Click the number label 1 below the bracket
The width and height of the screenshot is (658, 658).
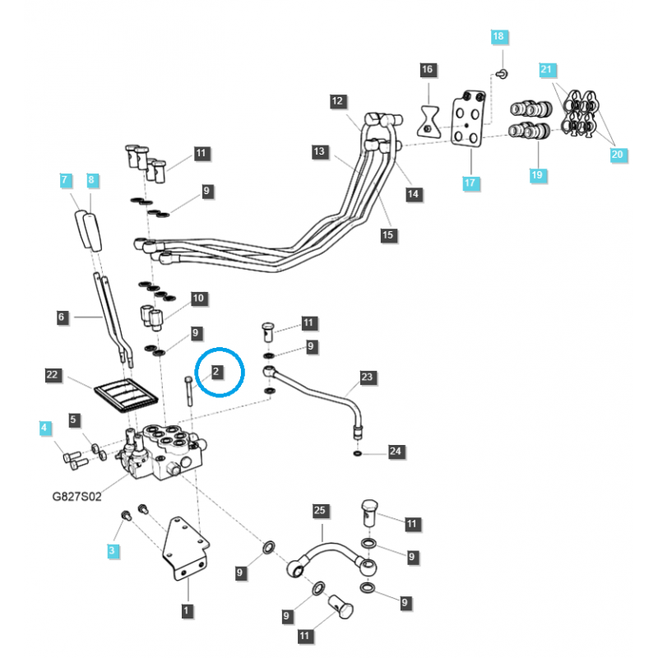pos(187,610)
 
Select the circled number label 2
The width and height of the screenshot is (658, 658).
pos(215,372)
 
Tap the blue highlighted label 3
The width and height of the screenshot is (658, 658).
pos(114,549)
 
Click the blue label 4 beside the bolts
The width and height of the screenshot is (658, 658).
pos(44,428)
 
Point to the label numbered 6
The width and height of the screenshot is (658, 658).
pos(63,316)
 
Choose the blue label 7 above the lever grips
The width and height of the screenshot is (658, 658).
pos(64,179)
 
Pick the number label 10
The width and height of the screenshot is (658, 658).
pos(197,298)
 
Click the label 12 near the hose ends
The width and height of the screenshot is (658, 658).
pos(337,101)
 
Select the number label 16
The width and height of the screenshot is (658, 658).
pos(427,70)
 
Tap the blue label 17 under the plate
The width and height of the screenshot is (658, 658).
pos(470,183)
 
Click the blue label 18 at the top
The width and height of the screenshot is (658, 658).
pos(499,36)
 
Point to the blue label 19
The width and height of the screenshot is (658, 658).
pos(538,174)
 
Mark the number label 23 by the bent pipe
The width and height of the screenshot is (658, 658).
pos(367,378)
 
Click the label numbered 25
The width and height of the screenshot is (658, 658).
pos(320,511)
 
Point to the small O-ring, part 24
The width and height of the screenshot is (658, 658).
pos(356,452)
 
